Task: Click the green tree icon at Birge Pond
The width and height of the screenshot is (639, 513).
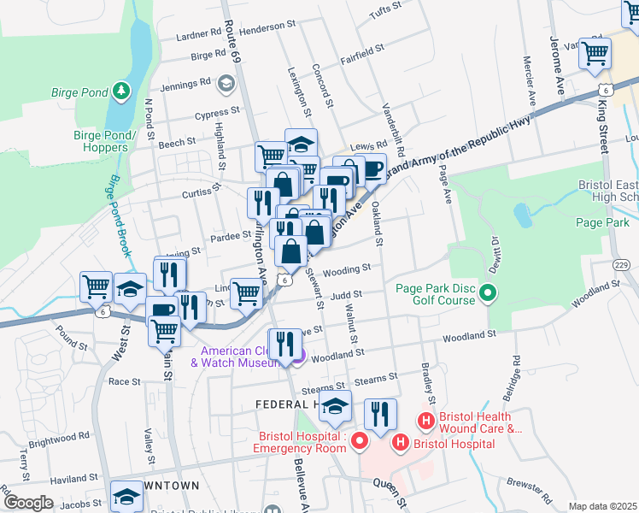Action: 121,89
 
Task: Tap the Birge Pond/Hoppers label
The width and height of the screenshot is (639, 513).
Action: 106,141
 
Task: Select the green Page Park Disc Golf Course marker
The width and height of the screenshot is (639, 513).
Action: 488,294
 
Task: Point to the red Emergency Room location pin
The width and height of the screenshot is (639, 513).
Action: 360,441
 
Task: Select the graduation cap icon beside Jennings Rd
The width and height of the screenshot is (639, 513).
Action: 226,83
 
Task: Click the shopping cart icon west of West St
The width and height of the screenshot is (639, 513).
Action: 97,287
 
